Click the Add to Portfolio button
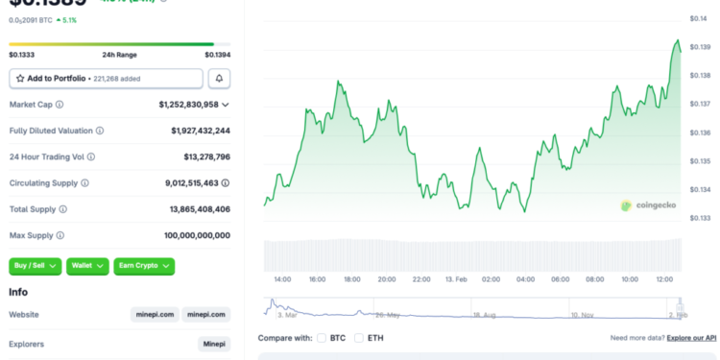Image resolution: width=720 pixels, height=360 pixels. pos(106,79)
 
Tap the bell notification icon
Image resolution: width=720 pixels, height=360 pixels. pos(220,79)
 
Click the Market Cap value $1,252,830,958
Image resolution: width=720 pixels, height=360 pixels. pos(188,104)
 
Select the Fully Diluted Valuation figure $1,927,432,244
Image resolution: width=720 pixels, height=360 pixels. pos(200,130)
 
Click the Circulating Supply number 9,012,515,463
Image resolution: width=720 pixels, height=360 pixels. pos(191,182)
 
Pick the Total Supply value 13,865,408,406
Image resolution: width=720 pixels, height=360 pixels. pos(197,208)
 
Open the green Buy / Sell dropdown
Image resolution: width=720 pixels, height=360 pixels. pos(36,266)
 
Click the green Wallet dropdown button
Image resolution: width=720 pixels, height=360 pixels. pos(87,266)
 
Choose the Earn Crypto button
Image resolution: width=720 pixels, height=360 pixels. pos(144,266)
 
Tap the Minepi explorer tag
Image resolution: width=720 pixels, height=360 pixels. pos(214,344)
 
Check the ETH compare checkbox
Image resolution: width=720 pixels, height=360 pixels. pos(359,338)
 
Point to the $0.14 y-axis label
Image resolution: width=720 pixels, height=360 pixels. pos(698,18)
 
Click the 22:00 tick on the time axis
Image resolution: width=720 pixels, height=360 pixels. pos(420,279)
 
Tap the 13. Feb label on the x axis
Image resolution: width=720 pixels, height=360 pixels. pos(456,279)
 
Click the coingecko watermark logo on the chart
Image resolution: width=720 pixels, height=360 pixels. pos(648,204)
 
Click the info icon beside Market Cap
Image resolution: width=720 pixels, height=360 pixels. pos(60,104)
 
